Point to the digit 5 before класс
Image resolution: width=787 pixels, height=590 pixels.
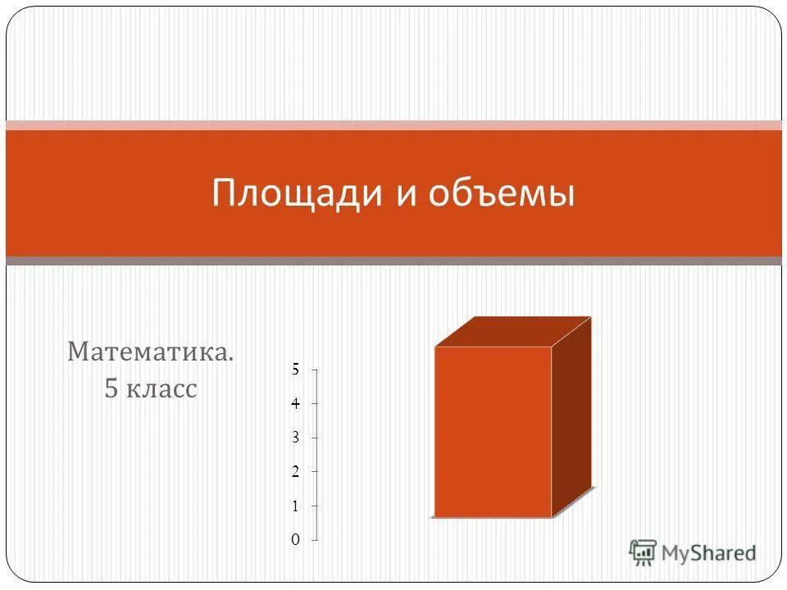pyautogui.click(x=111, y=388)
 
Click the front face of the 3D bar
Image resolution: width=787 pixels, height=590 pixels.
pyautogui.click(x=492, y=432)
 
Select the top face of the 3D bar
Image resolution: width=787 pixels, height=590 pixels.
pyautogui.click(x=512, y=332)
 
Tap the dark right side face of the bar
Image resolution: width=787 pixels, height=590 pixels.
pyautogui.click(x=571, y=418)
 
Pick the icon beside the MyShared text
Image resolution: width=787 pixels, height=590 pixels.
pyautogui.click(x=644, y=551)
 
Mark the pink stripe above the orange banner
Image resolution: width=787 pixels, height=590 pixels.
pyautogui.click(x=393, y=125)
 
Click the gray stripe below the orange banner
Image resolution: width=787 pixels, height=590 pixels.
pyautogui.click(x=393, y=261)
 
